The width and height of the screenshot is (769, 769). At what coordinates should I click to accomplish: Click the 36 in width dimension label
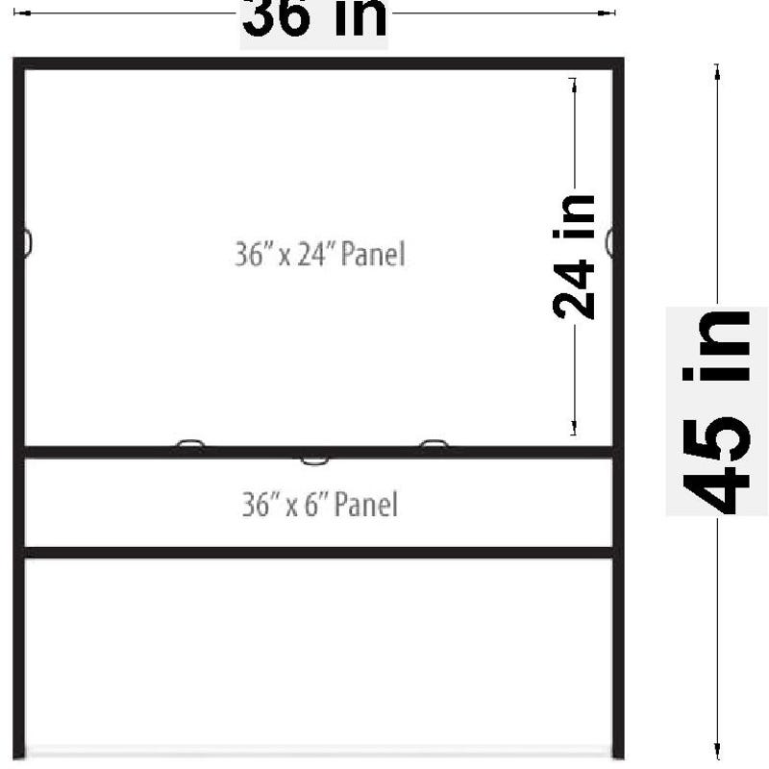point(314,17)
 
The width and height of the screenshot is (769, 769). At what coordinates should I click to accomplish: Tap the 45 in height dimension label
point(716,412)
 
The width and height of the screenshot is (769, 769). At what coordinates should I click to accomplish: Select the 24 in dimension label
point(573,257)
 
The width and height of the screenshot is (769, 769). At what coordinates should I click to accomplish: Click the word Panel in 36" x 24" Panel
point(373,254)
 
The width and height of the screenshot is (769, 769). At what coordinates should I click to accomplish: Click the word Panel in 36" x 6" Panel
point(366,504)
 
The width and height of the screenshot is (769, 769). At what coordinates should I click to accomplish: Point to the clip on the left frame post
point(28,243)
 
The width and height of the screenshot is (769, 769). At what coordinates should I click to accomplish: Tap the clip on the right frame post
point(609,242)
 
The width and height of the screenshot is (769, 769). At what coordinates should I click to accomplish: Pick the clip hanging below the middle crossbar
point(315,460)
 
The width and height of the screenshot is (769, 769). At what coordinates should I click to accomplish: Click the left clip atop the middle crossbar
point(190,443)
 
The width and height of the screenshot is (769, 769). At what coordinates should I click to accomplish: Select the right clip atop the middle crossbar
point(434,443)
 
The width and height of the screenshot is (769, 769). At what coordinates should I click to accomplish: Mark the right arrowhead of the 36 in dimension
point(607,12)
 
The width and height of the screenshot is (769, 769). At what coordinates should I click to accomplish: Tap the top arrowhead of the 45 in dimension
point(717,72)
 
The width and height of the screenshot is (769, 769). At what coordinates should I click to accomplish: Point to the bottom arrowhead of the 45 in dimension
point(717,751)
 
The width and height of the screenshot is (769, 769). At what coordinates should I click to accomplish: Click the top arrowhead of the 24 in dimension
point(574,86)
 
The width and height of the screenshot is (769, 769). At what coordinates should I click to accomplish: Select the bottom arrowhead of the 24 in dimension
point(574,427)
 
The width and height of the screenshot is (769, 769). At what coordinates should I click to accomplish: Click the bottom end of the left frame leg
point(18,757)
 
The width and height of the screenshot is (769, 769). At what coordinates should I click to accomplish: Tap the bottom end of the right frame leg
point(618,757)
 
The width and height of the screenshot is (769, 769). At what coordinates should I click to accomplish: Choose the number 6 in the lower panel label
point(311,506)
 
